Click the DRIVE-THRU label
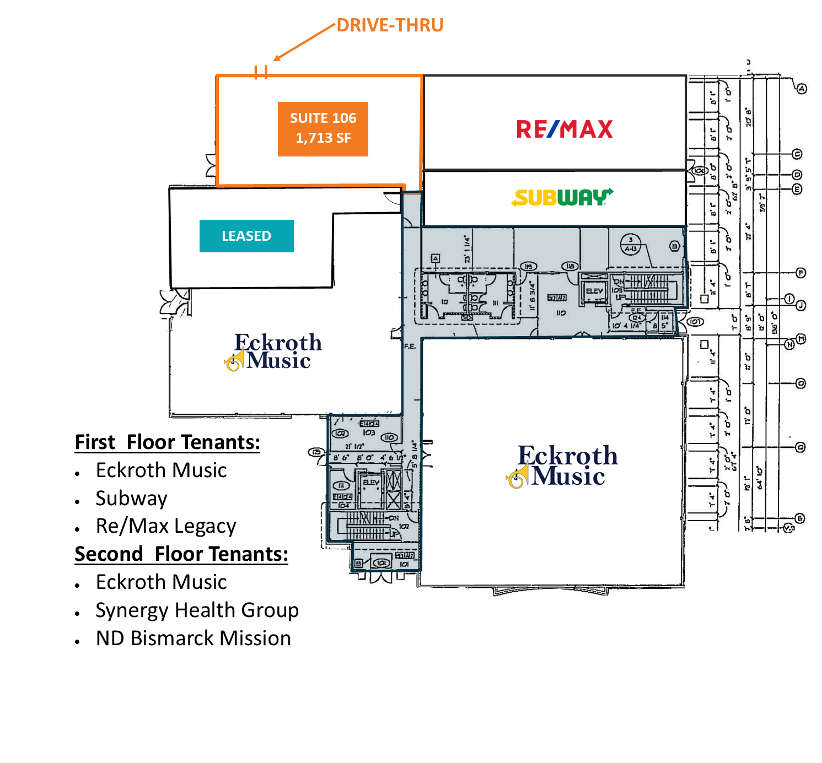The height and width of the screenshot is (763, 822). point(390,25)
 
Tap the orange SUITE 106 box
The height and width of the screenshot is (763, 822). point(323,129)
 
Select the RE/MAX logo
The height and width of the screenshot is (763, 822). point(564,129)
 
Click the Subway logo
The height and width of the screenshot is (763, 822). point(562,197)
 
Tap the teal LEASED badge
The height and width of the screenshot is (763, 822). point(246,236)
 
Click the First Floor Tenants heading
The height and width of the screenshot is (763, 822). point(167,442)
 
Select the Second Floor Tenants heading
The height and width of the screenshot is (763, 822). point(181,554)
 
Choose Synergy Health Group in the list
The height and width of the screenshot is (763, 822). point(197,610)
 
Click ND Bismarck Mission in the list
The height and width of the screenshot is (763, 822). point(193,638)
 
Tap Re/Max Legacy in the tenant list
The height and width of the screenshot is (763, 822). point(165,526)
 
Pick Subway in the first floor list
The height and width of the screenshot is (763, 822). point(131,498)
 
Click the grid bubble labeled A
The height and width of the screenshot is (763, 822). point(802,89)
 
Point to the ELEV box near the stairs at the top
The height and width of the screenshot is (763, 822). point(594,291)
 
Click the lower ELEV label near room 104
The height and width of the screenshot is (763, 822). point(370,483)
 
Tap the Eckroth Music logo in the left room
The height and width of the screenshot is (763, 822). point(274,351)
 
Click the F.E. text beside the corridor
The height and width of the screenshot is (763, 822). point(410,347)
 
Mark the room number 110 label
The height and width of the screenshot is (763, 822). point(561,313)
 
